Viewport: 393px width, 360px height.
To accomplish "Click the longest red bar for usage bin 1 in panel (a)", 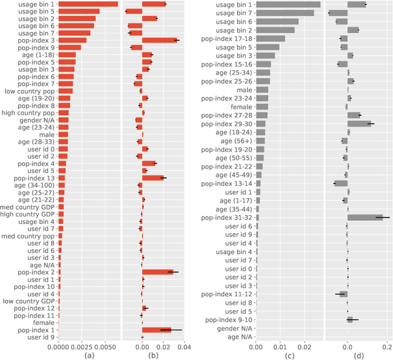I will (88, 4).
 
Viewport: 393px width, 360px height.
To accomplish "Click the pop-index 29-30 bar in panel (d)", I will (359, 123).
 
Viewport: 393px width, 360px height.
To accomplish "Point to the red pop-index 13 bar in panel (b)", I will (154, 178).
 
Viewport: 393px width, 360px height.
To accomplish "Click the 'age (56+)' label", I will (236, 140).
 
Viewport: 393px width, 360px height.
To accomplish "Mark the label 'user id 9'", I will (43, 337).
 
